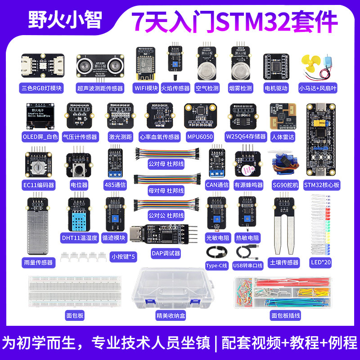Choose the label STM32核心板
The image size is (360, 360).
(321, 184)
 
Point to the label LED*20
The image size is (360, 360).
(321, 262)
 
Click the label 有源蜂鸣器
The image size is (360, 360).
(248, 184)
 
